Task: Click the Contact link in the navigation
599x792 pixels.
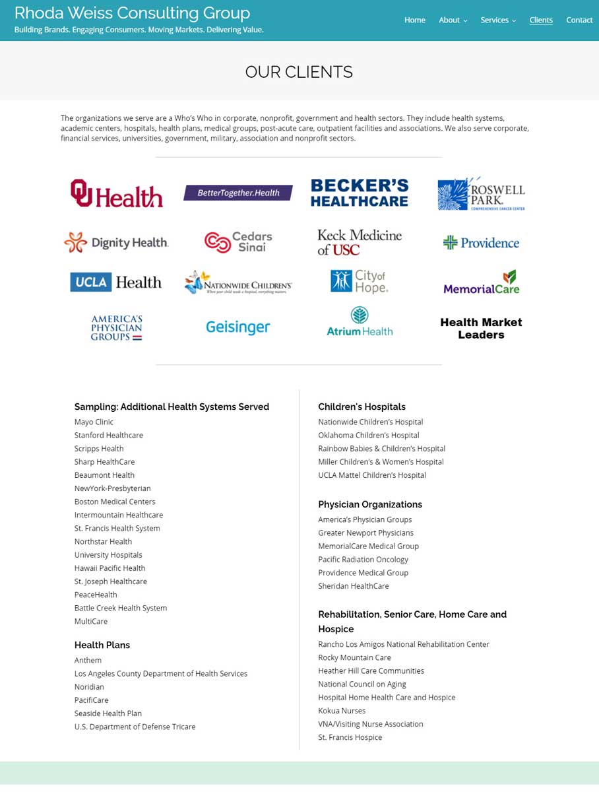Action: (579, 20)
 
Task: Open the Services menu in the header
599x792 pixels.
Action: (498, 20)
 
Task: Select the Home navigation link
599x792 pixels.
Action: (414, 20)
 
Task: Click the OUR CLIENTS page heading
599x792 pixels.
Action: (299, 72)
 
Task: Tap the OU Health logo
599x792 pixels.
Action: (117, 193)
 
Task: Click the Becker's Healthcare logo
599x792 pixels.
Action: (360, 193)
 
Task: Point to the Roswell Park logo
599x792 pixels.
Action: (481, 193)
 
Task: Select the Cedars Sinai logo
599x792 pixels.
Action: (238, 242)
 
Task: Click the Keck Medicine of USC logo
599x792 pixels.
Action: (360, 242)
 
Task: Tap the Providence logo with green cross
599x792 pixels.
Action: (481, 243)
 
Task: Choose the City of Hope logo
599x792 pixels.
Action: (360, 281)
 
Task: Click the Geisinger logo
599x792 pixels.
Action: (238, 327)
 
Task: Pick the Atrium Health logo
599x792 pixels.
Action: (360, 321)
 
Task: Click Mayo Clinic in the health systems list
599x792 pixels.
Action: (94, 422)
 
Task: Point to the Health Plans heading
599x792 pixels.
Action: (102, 645)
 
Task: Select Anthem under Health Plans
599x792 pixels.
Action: (88, 660)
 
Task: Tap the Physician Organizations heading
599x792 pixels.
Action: (370, 504)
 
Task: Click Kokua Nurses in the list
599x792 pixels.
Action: (342, 710)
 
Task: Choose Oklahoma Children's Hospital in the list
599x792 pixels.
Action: (369, 435)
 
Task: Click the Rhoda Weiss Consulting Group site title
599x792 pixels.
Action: (132, 13)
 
